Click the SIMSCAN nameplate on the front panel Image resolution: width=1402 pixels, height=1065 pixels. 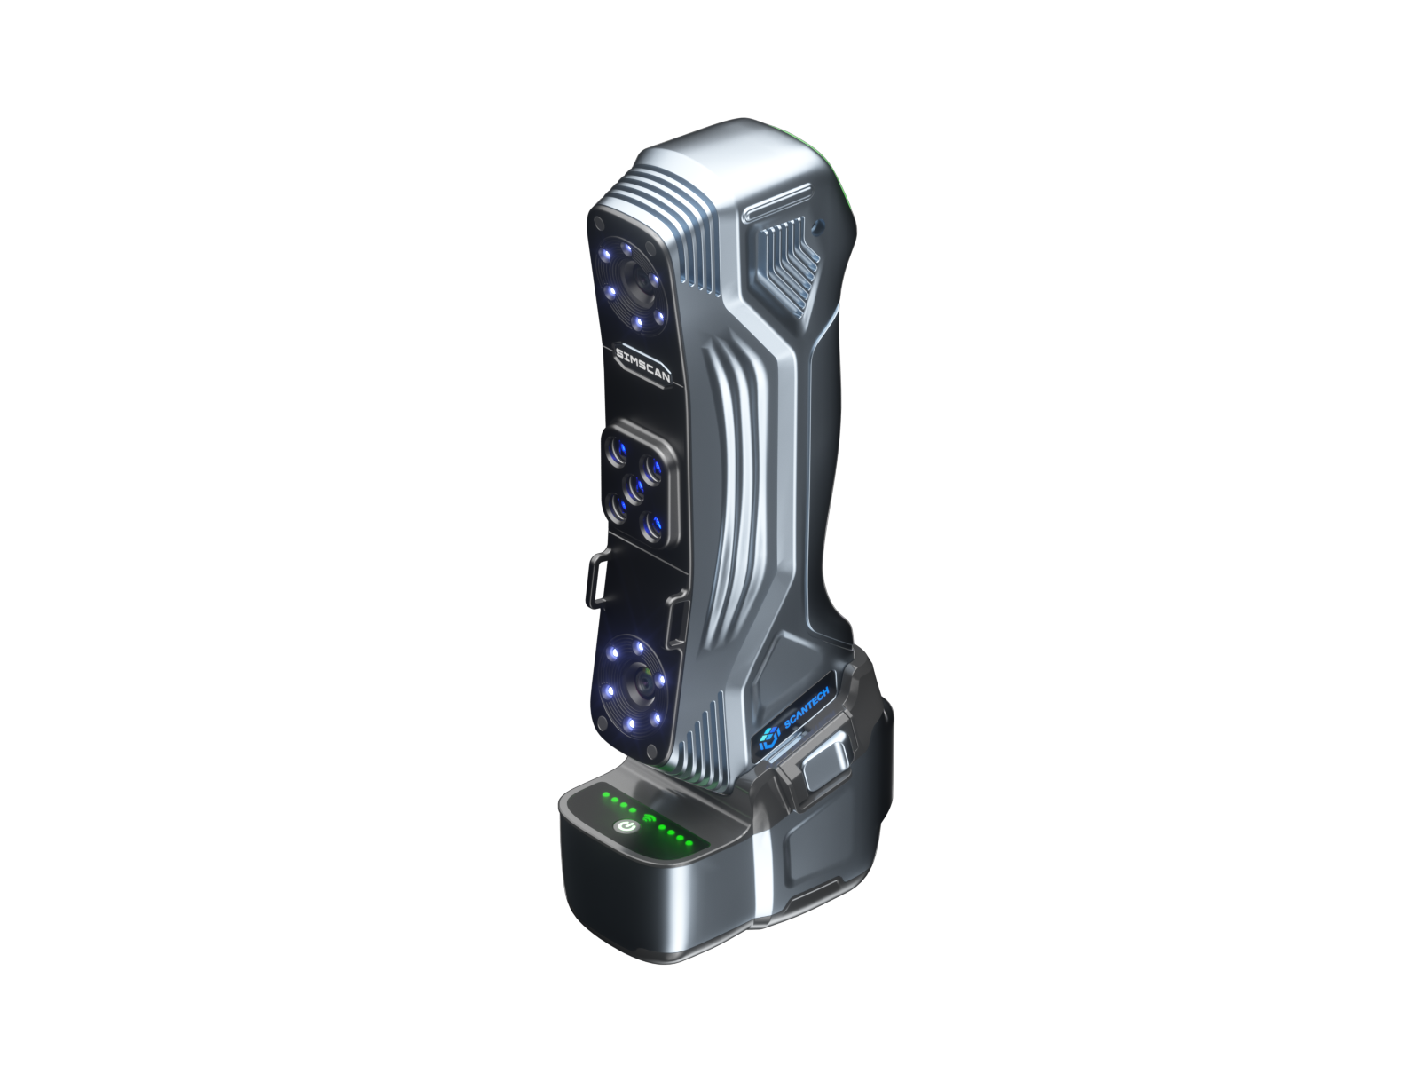[642, 366]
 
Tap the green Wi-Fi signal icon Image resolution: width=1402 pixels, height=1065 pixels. [649, 818]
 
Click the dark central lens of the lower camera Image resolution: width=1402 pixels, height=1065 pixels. [641, 684]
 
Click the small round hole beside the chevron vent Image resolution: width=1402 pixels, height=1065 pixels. [817, 226]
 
